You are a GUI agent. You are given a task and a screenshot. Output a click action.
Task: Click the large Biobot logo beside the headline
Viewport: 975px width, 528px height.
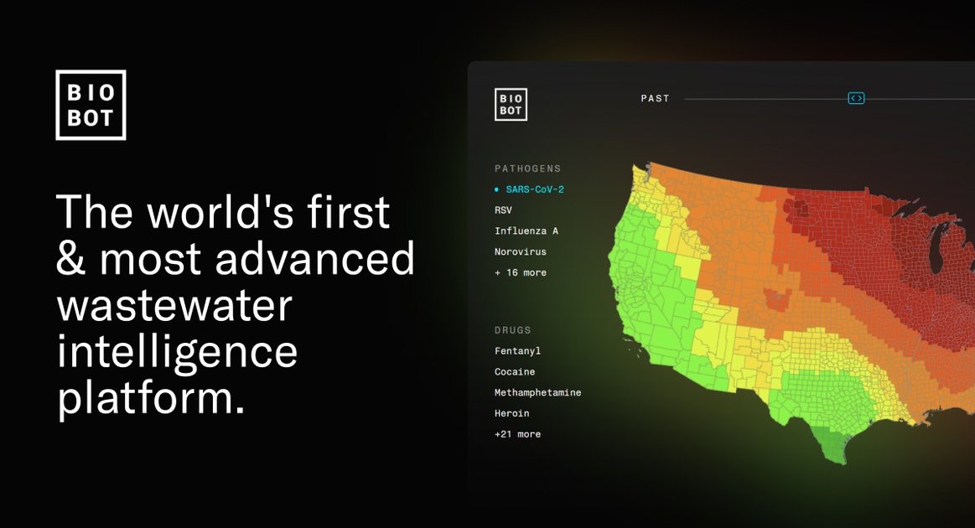click(x=91, y=105)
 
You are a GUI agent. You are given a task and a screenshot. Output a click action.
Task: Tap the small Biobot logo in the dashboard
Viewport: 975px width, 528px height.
click(x=511, y=105)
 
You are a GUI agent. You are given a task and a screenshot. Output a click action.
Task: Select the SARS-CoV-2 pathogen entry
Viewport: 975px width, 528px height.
click(x=535, y=189)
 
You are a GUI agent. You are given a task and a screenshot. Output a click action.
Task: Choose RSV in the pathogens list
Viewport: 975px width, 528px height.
click(x=503, y=210)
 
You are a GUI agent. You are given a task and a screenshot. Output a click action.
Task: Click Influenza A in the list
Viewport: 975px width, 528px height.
click(x=526, y=230)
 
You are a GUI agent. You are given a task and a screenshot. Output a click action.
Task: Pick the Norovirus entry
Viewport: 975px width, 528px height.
click(x=521, y=252)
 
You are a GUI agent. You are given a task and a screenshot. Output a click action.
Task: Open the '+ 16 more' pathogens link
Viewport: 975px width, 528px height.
click(x=521, y=272)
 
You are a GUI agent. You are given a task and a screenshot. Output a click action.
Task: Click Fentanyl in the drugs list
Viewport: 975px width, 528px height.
click(x=517, y=351)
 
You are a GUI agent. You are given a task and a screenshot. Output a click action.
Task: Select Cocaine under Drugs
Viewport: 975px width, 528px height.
click(x=514, y=372)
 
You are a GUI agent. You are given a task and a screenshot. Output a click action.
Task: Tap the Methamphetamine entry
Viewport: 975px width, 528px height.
click(x=538, y=392)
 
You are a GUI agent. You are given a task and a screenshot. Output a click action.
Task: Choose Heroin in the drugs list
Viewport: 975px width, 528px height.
click(x=511, y=413)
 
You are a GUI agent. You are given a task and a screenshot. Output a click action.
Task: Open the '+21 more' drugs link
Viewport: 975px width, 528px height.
click(x=517, y=434)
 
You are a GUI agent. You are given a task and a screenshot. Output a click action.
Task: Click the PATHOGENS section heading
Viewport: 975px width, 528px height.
click(x=528, y=168)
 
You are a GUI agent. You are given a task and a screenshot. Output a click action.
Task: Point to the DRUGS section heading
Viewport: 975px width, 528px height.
click(x=513, y=330)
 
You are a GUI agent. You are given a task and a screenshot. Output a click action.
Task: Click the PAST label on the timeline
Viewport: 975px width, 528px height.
click(x=656, y=98)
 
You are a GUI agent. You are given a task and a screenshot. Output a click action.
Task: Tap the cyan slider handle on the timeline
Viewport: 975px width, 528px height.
click(x=856, y=98)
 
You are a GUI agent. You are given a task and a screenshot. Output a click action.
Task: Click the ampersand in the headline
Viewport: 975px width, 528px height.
click(x=71, y=259)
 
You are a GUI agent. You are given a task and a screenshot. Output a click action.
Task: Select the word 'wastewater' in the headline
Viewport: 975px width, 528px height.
click(x=174, y=306)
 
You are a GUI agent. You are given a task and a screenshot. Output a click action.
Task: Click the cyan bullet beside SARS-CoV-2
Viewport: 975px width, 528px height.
click(x=496, y=189)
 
